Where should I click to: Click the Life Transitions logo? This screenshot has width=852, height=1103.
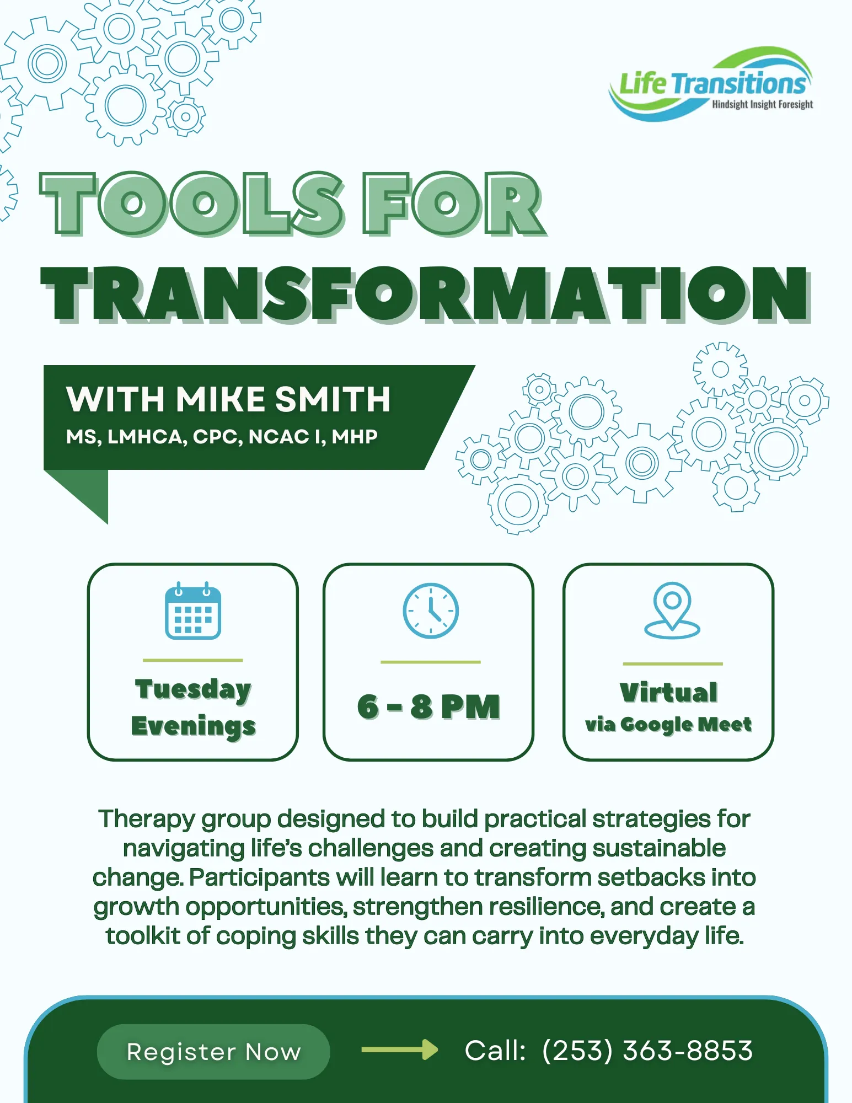tap(711, 83)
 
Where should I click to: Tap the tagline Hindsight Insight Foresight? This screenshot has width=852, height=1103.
tap(762, 104)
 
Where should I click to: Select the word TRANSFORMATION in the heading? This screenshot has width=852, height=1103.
tap(425, 293)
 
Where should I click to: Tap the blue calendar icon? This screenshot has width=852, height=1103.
tap(193, 611)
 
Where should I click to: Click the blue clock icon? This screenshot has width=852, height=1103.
tap(431, 611)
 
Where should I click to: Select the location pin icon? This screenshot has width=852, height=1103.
tap(672, 610)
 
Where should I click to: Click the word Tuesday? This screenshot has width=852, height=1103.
tap(193, 689)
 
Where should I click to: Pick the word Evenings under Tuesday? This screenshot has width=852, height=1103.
tap(193, 726)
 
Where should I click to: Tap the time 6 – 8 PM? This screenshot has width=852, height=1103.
tap(428, 706)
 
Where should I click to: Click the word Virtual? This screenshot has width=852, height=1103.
tap(668, 692)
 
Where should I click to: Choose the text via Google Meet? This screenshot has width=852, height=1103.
tap(668, 724)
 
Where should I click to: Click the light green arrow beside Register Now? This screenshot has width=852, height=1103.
tap(399, 1050)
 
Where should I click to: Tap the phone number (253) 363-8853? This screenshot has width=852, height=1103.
tap(647, 1051)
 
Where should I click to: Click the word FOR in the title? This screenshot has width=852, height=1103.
tap(452, 203)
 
